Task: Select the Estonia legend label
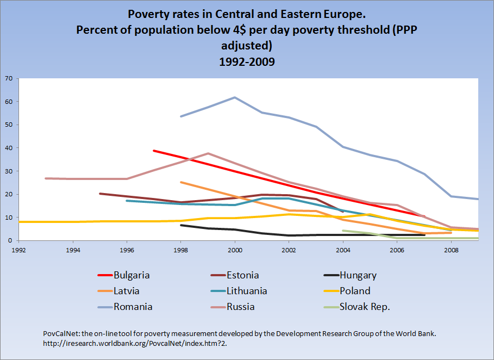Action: coord(243,275)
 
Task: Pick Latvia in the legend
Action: coord(127,291)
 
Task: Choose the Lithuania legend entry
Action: coord(247,291)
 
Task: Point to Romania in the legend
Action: coord(133,307)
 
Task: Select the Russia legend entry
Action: coord(241,307)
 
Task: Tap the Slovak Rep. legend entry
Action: coord(364,307)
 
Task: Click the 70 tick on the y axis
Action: coord(8,78)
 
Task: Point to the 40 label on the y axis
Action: coord(8,148)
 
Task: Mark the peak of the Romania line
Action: coord(235,97)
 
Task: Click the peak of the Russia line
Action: coord(208,153)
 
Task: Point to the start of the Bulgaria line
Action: coord(154,151)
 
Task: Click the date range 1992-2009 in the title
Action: coord(247,61)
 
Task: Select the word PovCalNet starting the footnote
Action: coord(61,333)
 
